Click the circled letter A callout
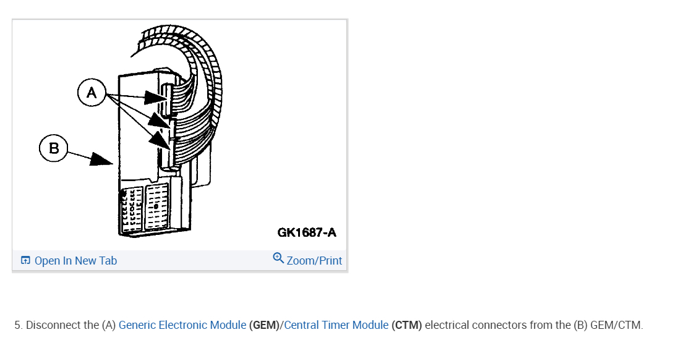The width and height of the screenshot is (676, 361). [92, 93]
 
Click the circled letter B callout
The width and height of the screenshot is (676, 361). [54, 148]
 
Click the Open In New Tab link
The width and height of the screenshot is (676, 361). [75, 261]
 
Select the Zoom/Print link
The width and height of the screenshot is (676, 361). [314, 261]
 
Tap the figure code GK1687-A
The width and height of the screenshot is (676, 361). [307, 232]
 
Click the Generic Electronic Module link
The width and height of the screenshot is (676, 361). [182, 325]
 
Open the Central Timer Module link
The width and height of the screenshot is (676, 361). [336, 325]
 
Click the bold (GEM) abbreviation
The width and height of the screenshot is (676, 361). [264, 325]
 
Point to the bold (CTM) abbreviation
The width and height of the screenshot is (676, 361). [407, 325]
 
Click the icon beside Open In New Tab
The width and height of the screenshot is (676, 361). [25, 261]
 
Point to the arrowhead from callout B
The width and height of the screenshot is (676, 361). [101, 160]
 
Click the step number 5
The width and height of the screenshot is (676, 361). [18, 325]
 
